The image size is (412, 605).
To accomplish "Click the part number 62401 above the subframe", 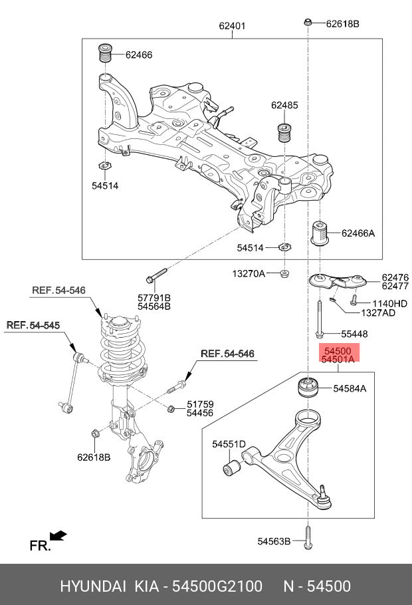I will tap(233, 27).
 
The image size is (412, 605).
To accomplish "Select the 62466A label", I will tap(358, 233).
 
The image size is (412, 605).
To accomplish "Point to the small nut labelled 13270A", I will tap(284, 273).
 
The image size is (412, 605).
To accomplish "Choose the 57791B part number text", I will tap(154, 297).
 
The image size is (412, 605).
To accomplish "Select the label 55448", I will tap(354, 334).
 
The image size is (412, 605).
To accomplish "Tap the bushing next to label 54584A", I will tap(308, 388).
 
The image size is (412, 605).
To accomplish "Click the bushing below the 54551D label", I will tap(232, 468).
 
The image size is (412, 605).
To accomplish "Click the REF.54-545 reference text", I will tap(33, 325).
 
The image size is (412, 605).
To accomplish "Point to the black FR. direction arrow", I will tap(58, 535).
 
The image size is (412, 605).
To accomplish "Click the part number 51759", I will tap(199, 404).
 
